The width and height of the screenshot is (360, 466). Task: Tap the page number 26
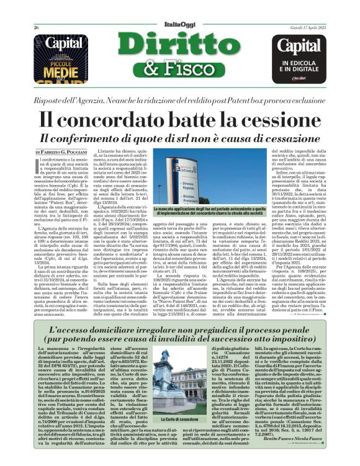(36, 28)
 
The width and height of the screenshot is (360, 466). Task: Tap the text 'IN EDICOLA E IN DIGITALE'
(300, 66)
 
